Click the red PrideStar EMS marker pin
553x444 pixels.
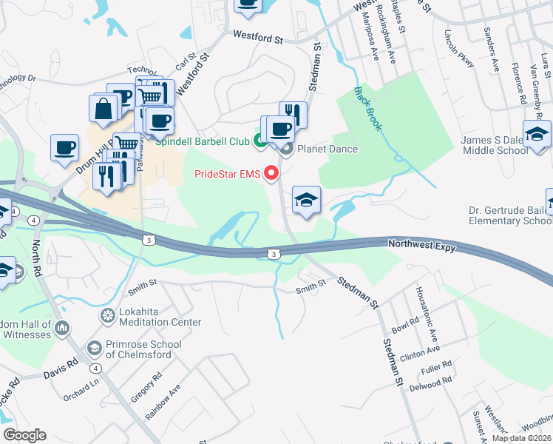271,174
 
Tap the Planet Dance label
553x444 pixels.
327,149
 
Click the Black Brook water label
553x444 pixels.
367,109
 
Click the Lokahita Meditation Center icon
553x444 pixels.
108,316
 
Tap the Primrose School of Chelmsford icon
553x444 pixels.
95,347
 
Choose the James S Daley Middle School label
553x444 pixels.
494,145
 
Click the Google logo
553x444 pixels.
24,435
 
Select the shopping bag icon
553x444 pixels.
104,108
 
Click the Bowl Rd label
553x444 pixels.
405,325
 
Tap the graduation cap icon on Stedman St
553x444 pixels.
306,200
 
